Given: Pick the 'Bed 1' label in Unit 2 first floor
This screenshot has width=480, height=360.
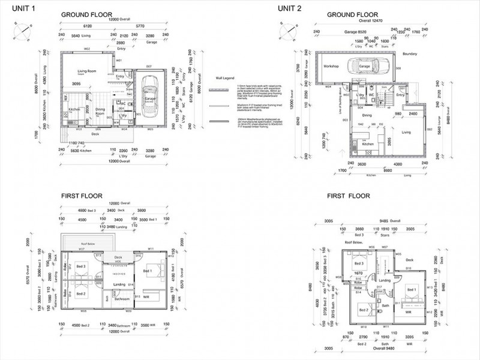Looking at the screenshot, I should [412, 289].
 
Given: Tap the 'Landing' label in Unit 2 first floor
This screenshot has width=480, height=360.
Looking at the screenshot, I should [385, 280].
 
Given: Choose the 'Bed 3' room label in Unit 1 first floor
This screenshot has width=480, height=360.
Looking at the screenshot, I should [81, 266].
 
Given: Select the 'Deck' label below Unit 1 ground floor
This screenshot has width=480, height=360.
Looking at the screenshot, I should [95, 134].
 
